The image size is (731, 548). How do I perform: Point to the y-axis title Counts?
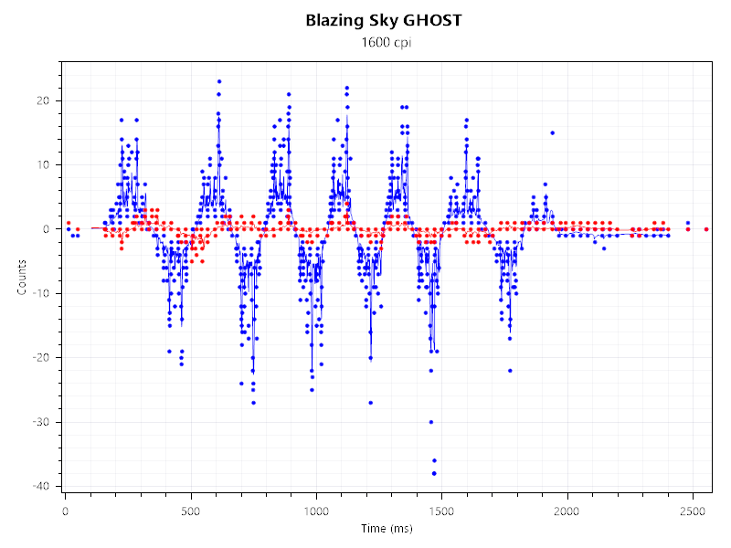click(x=21, y=274)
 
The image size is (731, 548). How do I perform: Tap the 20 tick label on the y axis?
click(x=43, y=100)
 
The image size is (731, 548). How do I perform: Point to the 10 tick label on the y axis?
click(x=43, y=164)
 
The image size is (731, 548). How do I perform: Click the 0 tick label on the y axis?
click(x=46, y=229)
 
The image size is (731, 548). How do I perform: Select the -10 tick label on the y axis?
click(x=41, y=293)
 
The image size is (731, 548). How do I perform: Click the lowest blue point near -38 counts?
click(x=434, y=473)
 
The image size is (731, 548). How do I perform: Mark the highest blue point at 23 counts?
click(x=219, y=81)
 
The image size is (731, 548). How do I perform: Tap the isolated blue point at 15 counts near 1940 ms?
click(x=553, y=132)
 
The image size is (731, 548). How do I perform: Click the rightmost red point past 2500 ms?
click(x=706, y=229)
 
